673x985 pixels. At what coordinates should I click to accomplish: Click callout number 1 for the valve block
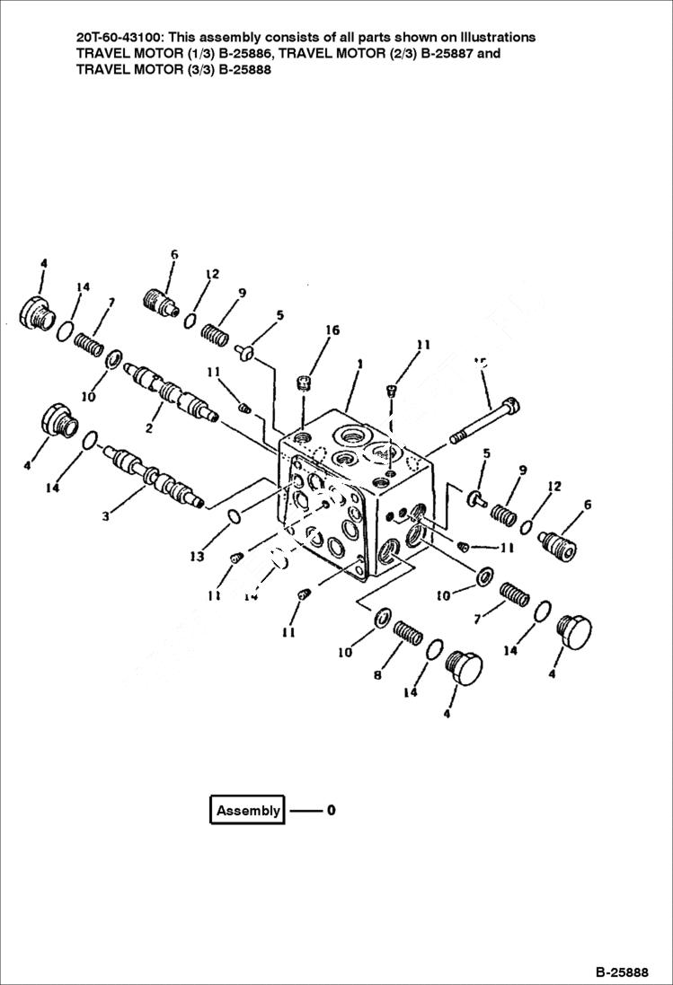359,365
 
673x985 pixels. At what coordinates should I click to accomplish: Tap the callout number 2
149,429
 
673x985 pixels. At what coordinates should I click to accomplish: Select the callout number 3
106,516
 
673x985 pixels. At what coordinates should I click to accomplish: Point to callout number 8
376,674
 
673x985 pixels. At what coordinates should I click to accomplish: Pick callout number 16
332,330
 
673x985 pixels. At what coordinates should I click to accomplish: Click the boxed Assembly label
248,810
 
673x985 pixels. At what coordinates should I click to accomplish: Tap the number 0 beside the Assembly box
331,810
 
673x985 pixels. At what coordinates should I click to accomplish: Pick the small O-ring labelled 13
234,516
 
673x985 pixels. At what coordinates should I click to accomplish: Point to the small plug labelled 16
304,385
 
